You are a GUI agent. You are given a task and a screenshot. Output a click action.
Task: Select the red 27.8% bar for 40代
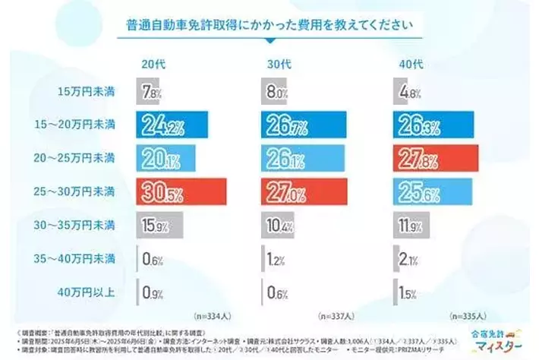point(435,159)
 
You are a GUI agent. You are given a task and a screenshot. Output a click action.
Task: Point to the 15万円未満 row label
point(87,92)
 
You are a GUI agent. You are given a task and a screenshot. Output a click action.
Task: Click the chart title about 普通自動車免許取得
point(269,24)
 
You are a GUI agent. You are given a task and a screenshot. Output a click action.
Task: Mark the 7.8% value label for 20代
point(153,93)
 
